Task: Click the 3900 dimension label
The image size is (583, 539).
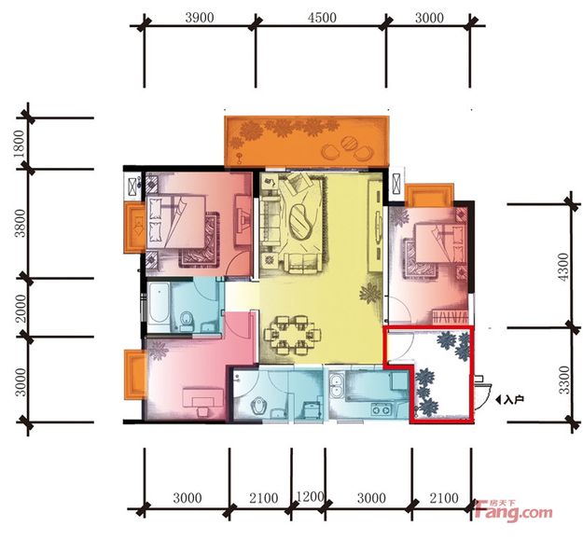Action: point(200,18)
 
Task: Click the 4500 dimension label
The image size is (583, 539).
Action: point(322,18)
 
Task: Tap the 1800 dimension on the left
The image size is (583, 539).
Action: point(19,144)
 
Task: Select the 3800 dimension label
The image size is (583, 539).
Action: point(20,223)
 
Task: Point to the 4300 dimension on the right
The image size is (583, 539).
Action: point(563,267)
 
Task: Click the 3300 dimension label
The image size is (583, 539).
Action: point(564,380)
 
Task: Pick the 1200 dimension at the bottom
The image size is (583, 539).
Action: point(310,496)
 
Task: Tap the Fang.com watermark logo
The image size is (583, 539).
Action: point(513,511)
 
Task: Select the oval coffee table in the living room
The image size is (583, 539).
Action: point(300,222)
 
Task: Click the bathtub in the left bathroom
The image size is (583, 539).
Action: point(160,307)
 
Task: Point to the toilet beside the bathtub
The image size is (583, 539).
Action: point(187,321)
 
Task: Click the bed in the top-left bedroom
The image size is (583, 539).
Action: point(177,222)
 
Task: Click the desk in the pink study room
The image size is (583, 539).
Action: point(203,399)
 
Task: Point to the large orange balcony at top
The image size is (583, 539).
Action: point(307,141)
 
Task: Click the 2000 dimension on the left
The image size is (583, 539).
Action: point(21,308)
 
